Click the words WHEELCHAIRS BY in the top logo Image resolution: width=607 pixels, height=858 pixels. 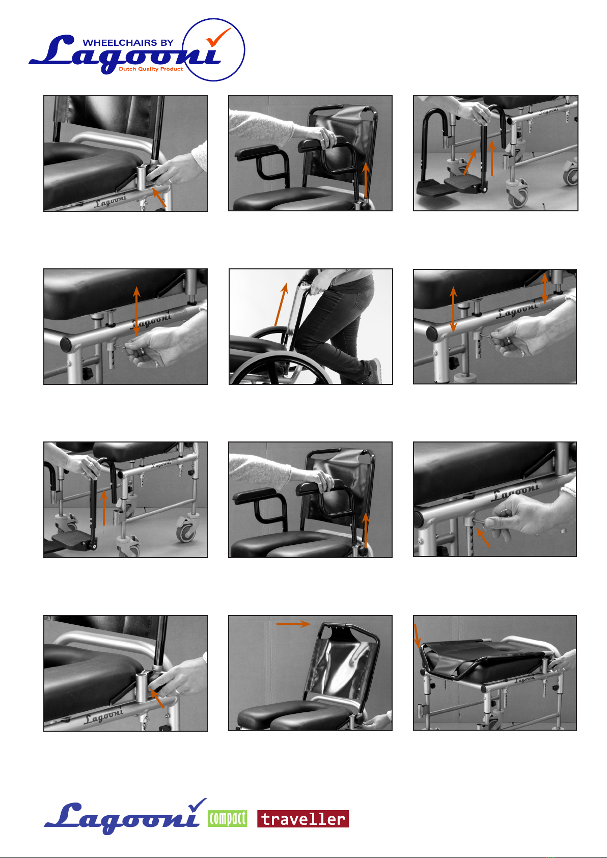click(x=128, y=42)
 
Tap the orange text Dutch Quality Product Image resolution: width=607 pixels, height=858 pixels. click(x=151, y=69)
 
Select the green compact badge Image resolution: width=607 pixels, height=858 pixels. click(x=228, y=819)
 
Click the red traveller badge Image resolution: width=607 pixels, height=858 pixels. click(x=303, y=819)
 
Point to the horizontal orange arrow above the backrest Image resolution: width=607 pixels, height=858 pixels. click(x=293, y=624)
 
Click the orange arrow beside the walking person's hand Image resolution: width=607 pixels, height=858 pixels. click(x=281, y=305)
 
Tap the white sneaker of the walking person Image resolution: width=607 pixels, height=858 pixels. click(x=376, y=370)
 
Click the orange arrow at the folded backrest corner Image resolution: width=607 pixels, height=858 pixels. click(x=418, y=636)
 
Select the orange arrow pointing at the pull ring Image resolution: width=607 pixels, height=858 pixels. click(x=483, y=537)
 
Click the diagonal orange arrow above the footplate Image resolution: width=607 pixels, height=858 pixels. click(x=470, y=161)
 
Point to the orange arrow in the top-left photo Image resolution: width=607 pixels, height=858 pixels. click(x=159, y=197)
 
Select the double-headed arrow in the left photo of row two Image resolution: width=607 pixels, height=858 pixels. click(x=136, y=311)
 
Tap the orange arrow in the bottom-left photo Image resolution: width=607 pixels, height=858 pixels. click(x=157, y=698)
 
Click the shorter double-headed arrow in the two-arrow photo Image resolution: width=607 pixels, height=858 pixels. click(x=544, y=288)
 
